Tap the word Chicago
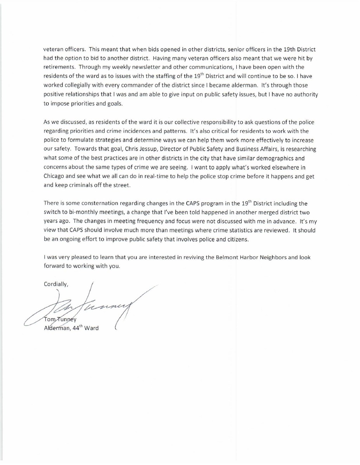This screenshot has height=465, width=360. (55, 176)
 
